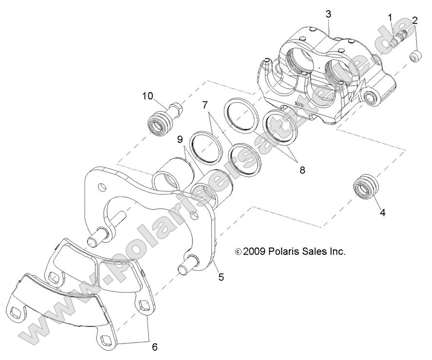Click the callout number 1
(390, 18)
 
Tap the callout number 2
(414, 20)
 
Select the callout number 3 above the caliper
(329, 14)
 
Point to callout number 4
(382, 212)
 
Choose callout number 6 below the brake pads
(154, 347)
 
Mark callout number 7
(205, 104)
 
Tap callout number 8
(302, 171)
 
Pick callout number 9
(180, 140)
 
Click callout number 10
(148, 95)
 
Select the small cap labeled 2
(414, 57)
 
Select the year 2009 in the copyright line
(254, 252)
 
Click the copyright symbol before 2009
(238, 252)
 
